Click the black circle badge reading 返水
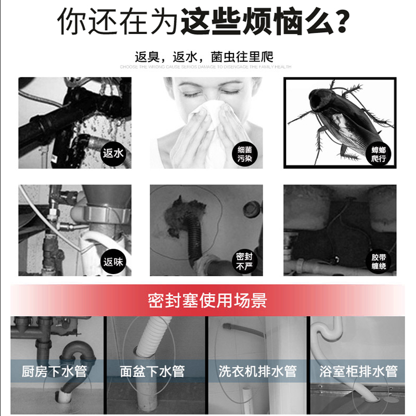[x=113, y=153]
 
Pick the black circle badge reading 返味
[x=113, y=262]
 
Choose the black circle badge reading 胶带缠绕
[x=379, y=262]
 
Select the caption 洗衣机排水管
[x=257, y=371]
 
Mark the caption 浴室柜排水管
[x=359, y=371]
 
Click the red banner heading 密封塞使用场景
[x=207, y=300]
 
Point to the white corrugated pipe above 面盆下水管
[x=154, y=338]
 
